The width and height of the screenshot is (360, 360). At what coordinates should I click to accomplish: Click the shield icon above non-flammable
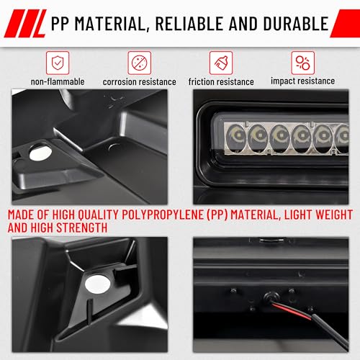57,62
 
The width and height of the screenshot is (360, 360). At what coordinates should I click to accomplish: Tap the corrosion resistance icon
139,62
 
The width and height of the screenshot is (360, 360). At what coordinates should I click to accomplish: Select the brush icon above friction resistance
220,62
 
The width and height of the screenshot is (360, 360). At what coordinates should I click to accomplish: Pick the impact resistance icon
302,62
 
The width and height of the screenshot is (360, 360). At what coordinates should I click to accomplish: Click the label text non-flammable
57,82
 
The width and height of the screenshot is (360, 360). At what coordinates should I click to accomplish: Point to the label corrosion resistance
139,82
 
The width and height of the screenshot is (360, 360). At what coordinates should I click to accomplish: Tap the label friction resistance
220,82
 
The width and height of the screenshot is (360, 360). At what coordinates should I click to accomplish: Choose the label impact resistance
302,81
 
